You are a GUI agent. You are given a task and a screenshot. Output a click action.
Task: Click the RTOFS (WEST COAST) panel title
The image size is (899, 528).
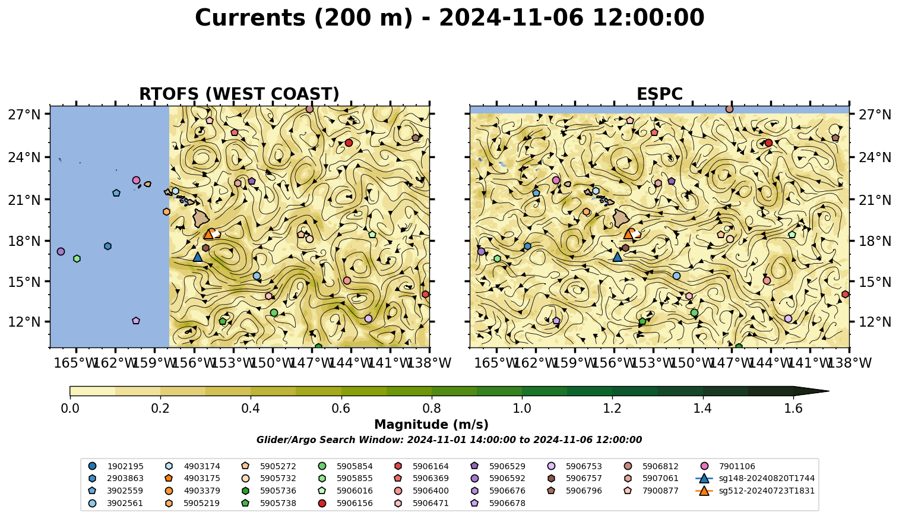[x=239, y=94]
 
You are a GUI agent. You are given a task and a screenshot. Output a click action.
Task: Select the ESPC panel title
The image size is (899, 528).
[x=659, y=94]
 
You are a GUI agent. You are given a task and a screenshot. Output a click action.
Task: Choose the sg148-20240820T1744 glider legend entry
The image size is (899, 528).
[x=755, y=478]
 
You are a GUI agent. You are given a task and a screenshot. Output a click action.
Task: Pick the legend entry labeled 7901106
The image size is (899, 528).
[x=729, y=466]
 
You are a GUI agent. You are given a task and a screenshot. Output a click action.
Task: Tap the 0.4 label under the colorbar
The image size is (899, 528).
[x=251, y=409]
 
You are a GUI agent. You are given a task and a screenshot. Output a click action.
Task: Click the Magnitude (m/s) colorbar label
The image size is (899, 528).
[x=432, y=425]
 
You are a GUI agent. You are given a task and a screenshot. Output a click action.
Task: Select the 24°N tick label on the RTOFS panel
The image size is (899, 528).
[x=24, y=157]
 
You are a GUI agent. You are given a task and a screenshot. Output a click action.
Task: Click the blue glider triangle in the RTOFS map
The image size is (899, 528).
[x=198, y=257]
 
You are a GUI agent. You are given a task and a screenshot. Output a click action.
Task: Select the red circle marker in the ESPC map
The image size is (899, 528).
[x=768, y=143]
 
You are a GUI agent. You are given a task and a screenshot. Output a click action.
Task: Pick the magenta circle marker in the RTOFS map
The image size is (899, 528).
[x=136, y=181]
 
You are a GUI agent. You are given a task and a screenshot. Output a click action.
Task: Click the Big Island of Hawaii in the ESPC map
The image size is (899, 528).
[x=621, y=217]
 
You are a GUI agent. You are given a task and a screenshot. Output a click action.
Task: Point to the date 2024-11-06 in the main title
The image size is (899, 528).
[x=511, y=18]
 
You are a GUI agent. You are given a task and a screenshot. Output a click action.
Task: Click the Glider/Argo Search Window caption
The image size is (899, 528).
[x=449, y=440]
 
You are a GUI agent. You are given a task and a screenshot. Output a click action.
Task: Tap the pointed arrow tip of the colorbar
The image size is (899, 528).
[x=829, y=391]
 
